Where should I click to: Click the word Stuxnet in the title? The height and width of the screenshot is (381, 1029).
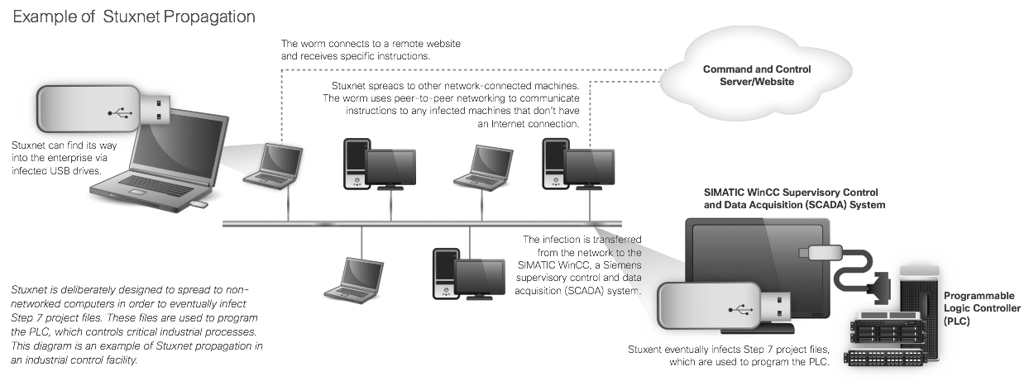click(x=132, y=17)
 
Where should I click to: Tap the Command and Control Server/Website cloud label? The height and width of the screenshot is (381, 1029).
click(x=756, y=75)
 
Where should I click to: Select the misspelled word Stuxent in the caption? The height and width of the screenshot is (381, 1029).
click(x=648, y=349)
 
